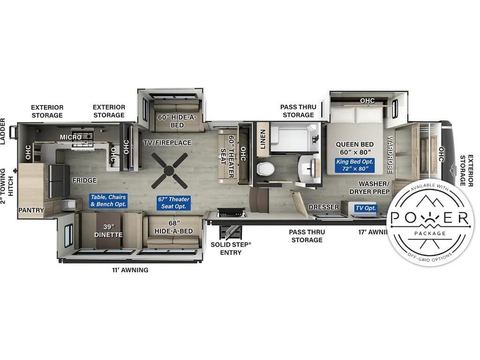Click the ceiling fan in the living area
(x=169, y=171)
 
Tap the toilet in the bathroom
(x=263, y=169)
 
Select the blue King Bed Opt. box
(x=354, y=165)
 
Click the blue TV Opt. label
(x=366, y=208)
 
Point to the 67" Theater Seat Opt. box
(x=173, y=202)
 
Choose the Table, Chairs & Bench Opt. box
(x=108, y=201)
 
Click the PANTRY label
(x=31, y=210)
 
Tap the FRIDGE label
(x=84, y=180)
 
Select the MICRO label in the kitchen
(x=70, y=137)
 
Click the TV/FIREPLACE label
(x=167, y=142)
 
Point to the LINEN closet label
(x=262, y=139)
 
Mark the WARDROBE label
(x=390, y=155)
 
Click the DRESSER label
(x=323, y=207)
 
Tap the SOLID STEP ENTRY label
(x=231, y=248)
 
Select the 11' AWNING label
(x=130, y=270)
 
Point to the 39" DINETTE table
(x=108, y=231)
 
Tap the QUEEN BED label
(x=354, y=144)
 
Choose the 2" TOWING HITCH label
(x=7, y=186)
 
